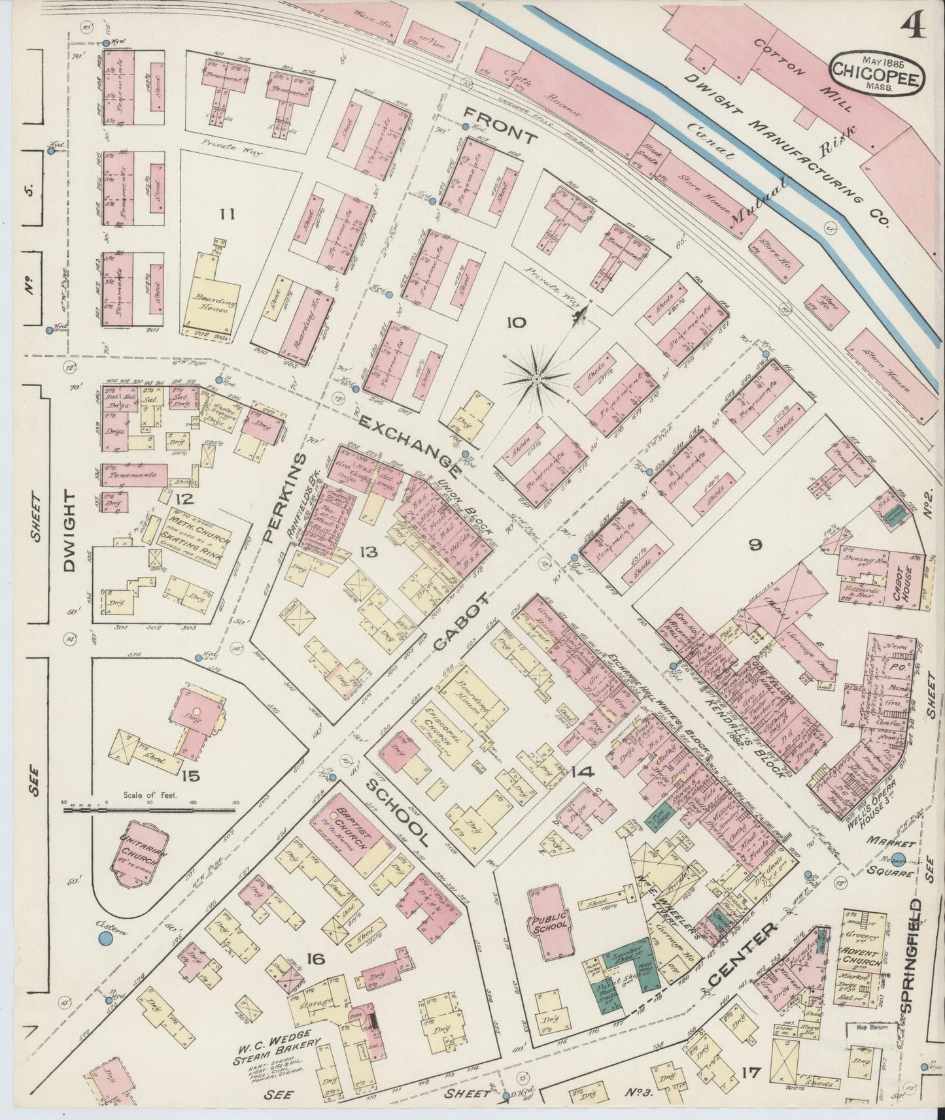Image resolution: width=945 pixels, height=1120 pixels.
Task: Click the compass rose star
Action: tap(536, 377)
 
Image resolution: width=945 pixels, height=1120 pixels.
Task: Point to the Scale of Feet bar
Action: tap(151, 809)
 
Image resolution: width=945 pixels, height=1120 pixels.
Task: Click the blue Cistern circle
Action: tap(105, 939)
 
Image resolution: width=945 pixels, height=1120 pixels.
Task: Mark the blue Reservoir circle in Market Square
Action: tap(898, 860)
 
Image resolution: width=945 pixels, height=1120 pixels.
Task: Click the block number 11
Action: tap(227, 214)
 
